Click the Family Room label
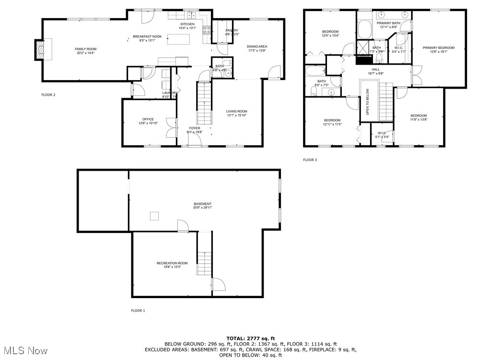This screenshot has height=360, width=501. (85, 49)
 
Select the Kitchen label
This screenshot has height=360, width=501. (187, 24)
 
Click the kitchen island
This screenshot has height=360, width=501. (176, 40)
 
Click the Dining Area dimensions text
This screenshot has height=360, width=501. (257, 50)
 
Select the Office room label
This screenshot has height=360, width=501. (148, 119)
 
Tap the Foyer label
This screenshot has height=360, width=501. (194, 128)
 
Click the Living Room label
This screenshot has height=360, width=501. (236, 111)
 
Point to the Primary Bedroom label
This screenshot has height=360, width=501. (438, 47)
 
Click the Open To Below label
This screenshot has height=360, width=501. (368, 102)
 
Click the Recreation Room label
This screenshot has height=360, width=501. (172, 263)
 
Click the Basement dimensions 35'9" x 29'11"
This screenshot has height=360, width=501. (203, 208)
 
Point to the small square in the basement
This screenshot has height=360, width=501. (154, 216)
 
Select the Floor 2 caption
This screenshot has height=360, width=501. (48, 94)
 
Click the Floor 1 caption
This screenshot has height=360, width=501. (138, 311)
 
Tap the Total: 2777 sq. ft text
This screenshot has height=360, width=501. (250, 338)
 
